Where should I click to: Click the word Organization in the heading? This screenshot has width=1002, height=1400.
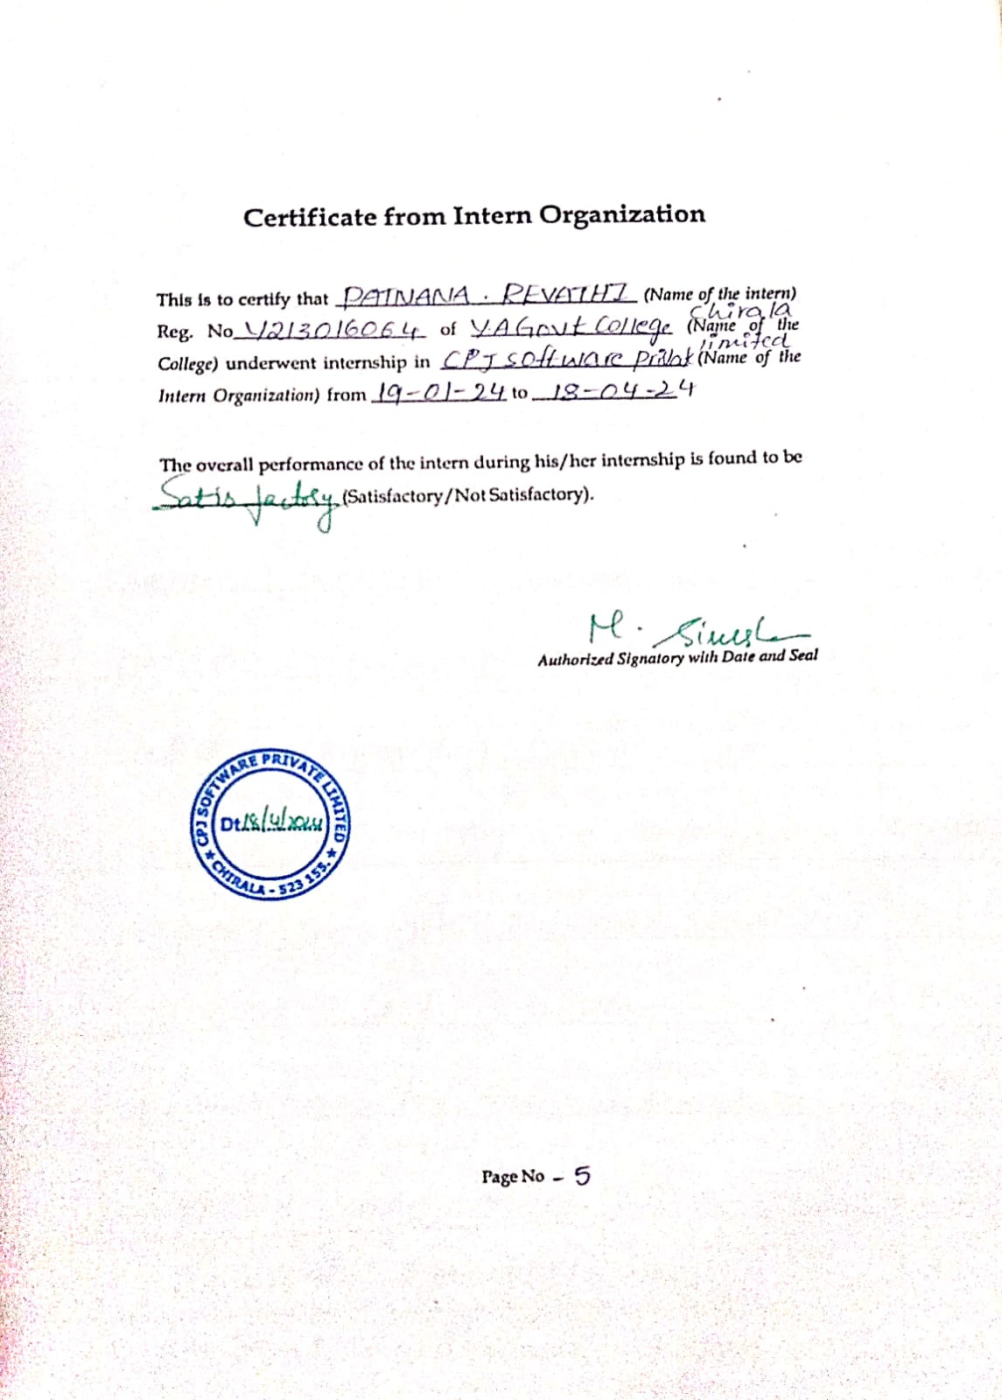[x=621, y=215]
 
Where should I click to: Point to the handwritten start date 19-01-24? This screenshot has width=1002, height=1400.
[x=438, y=392]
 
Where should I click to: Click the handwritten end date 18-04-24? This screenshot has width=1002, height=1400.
[x=613, y=390]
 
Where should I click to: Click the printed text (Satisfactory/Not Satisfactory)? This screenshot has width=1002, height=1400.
[x=468, y=495]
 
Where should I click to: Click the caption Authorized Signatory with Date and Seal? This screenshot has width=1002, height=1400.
[x=677, y=657]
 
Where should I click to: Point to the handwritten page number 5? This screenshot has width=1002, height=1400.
[x=582, y=1176]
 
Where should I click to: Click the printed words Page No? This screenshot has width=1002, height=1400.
[x=513, y=1177]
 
